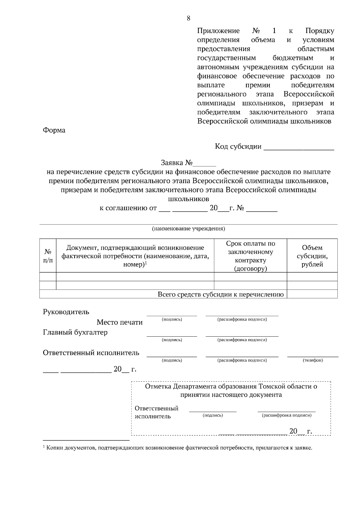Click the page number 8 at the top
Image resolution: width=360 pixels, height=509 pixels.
pyautogui.click(x=188, y=18)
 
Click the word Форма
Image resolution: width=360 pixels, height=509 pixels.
pyautogui.click(x=54, y=130)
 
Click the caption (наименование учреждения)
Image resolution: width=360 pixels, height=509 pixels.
pyautogui.click(x=188, y=229)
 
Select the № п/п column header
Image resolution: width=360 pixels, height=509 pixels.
pyautogui.click(x=48, y=256)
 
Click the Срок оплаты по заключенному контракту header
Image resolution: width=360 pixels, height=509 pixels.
pyautogui.click(x=250, y=256)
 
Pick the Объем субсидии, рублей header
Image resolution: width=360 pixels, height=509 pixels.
pyautogui.click(x=312, y=256)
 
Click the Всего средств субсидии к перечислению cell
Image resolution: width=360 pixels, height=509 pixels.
pyautogui.click(x=220, y=294)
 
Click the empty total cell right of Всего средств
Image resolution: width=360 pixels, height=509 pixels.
pyautogui.click(x=312, y=294)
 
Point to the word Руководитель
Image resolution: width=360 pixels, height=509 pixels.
pyautogui.click(x=66, y=312)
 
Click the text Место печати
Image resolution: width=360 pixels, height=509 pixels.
pyautogui.click(x=119, y=322)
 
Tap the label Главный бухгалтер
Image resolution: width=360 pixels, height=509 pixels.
pyautogui.click(x=75, y=332)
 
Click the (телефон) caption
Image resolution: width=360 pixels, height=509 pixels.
pyautogui.click(x=313, y=360)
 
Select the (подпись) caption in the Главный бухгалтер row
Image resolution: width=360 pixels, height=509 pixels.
pyautogui.click(x=172, y=340)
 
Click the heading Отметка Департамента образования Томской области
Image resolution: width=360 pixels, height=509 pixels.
pyautogui.click(x=231, y=386)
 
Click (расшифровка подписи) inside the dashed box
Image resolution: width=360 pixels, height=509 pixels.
pyautogui.click(x=286, y=415)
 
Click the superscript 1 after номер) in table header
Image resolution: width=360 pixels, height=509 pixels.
pyautogui.click(x=146, y=263)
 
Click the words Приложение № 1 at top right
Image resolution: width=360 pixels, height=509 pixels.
pyautogui.click(x=237, y=31)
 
